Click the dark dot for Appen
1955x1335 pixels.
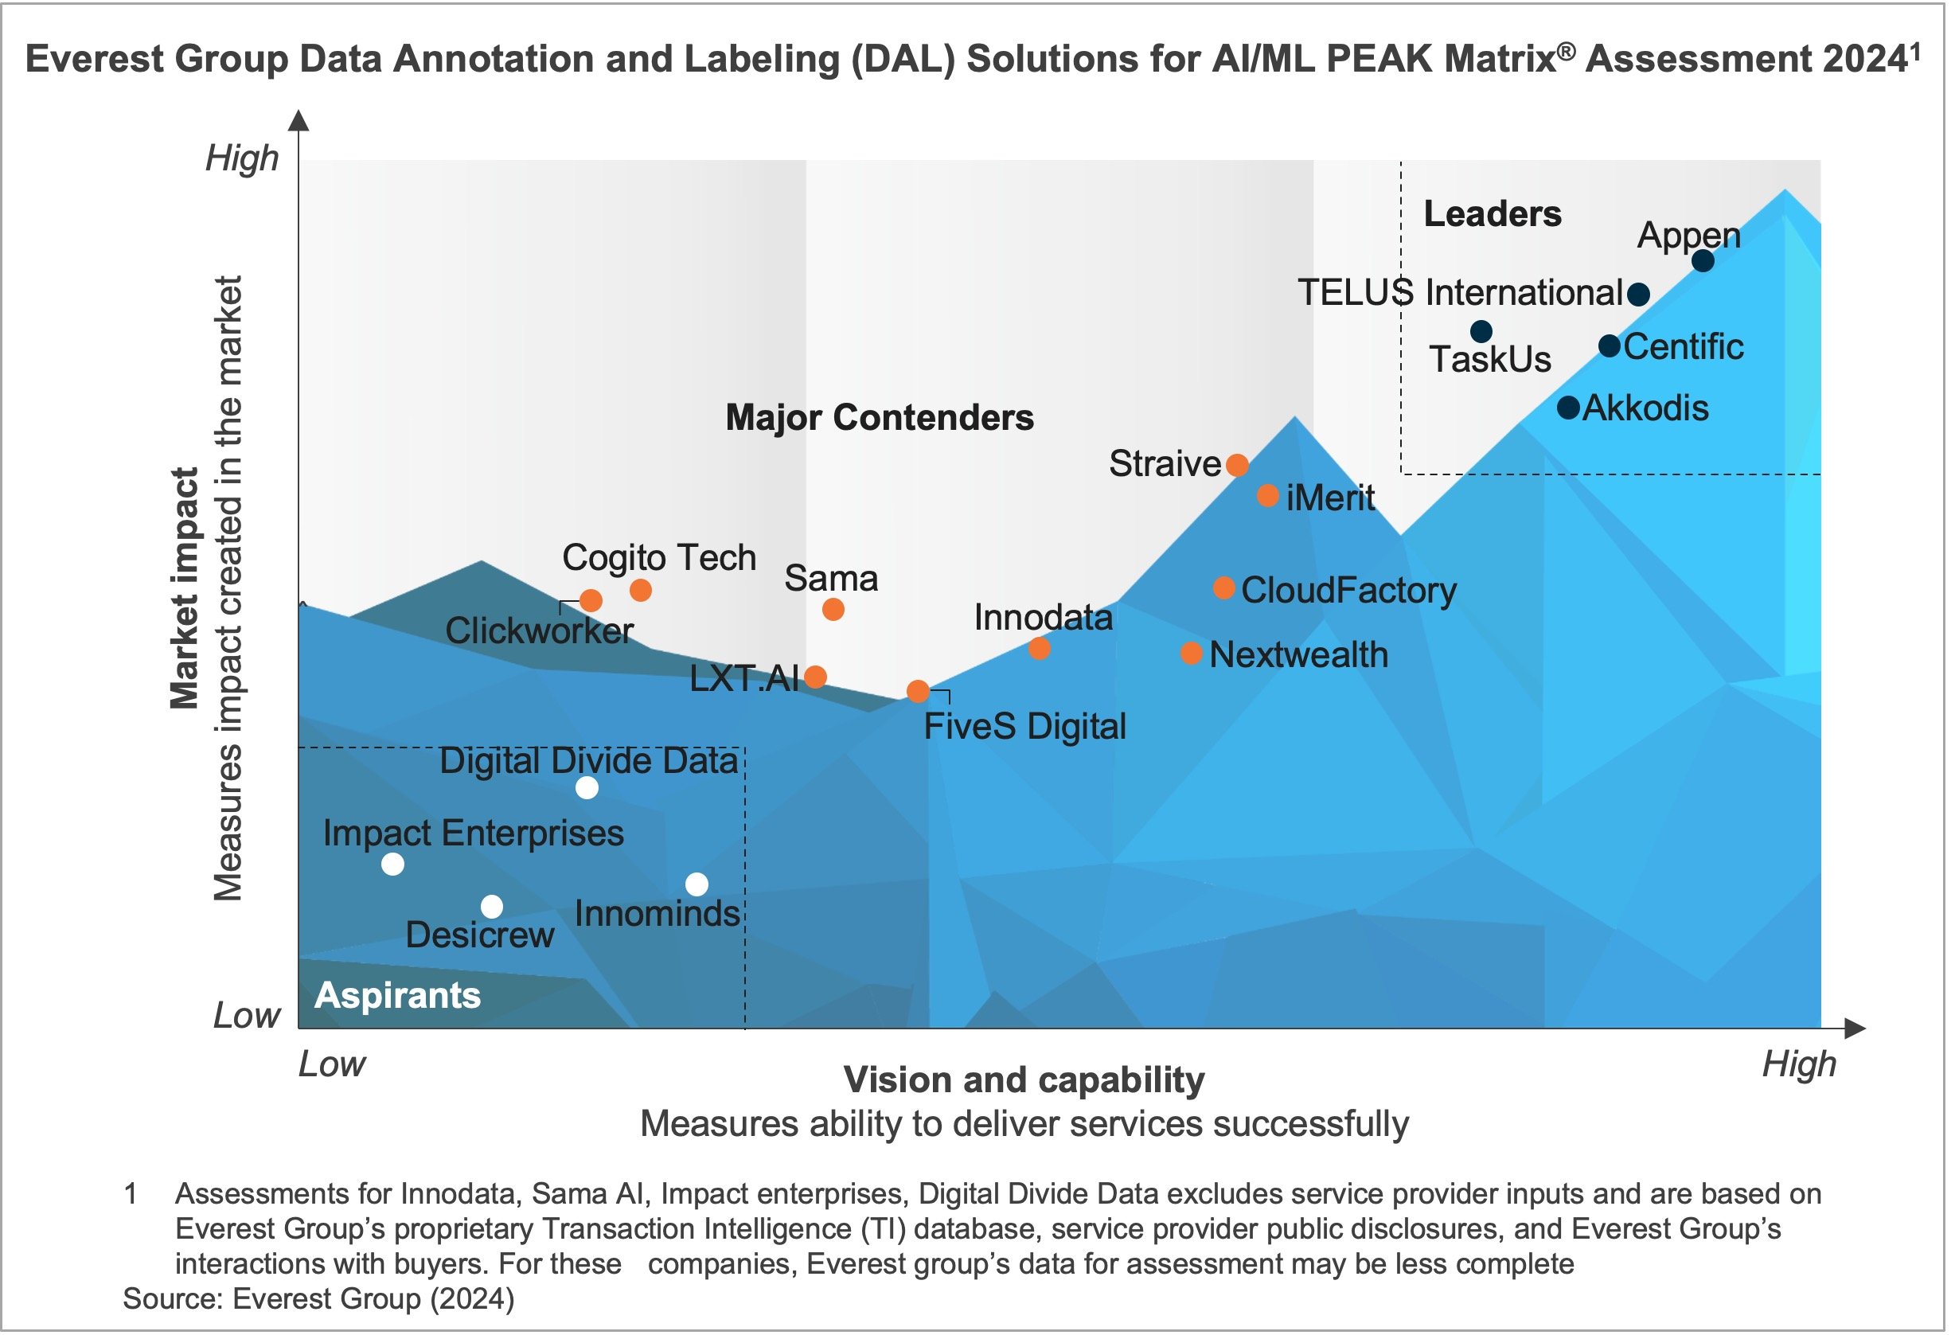click(x=1703, y=261)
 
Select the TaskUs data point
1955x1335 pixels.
click(x=1481, y=331)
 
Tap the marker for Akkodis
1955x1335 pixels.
click(x=1568, y=407)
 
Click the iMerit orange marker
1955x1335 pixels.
click(x=1269, y=495)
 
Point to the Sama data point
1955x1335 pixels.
click(x=833, y=609)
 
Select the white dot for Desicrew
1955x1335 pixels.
click(x=492, y=907)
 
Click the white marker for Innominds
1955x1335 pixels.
click(x=697, y=884)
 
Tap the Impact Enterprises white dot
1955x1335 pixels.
click(x=393, y=864)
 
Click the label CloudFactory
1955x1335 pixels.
click(x=1348, y=590)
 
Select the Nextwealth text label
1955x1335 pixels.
click(x=1298, y=654)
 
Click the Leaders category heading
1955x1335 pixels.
click(x=1493, y=213)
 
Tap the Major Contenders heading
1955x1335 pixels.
click(x=879, y=417)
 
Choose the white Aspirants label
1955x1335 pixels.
click(x=398, y=995)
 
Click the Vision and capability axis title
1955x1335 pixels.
click(x=1024, y=1079)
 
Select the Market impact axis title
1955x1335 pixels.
click(x=184, y=589)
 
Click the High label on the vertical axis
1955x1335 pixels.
click(x=242, y=158)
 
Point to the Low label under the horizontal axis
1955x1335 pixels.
click(x=332, y=1065)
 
